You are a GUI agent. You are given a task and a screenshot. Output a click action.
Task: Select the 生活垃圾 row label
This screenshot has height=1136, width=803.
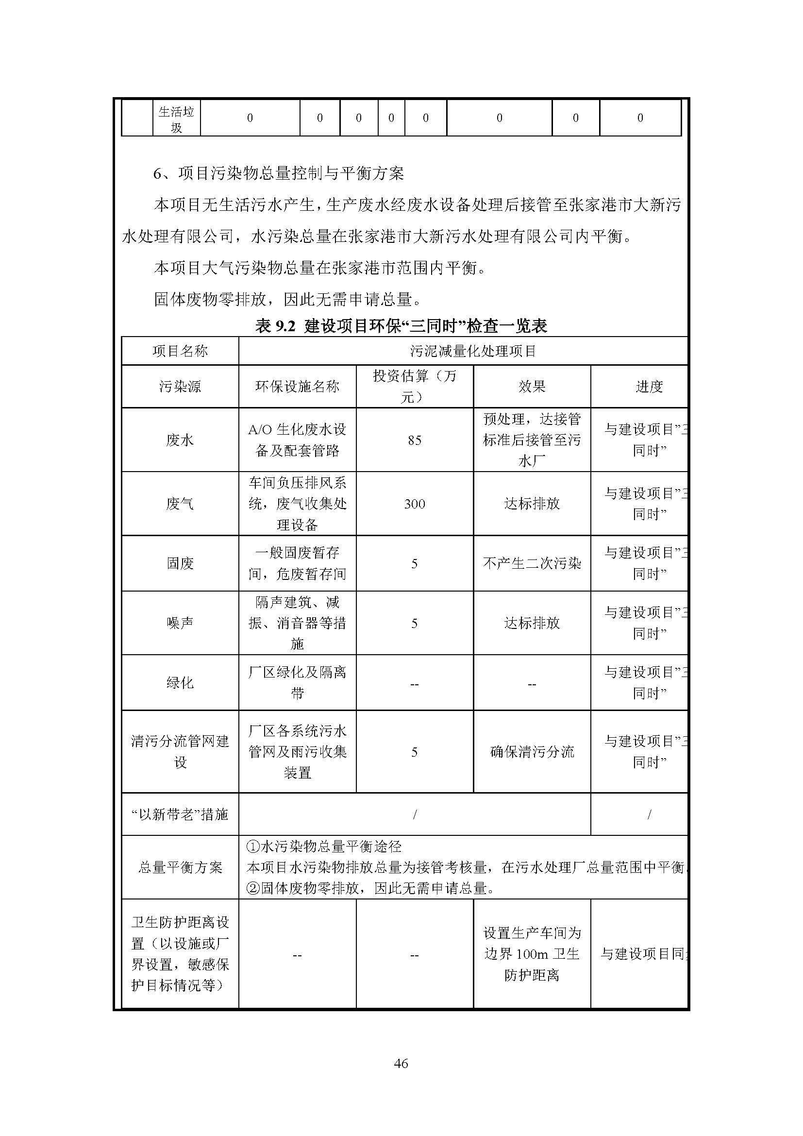pos(176,119)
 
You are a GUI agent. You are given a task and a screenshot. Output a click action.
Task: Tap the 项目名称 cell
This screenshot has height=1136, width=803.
pos(180,351)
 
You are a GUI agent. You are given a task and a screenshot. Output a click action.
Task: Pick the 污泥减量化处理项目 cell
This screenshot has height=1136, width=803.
pos(473,351)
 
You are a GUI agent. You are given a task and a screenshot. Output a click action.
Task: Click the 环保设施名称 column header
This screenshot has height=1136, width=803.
pos(297,387)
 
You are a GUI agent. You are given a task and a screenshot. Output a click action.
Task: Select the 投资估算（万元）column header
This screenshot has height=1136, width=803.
pos(414,387)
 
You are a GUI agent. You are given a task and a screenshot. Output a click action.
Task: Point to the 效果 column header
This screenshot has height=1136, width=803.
pos(532,387)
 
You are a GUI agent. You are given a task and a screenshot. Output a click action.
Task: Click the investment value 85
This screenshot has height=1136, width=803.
pos(414,440)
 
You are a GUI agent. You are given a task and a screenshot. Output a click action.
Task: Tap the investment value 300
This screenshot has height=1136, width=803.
pos(414,504)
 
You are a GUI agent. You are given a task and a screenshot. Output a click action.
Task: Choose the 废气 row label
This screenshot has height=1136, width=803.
pos(180,504)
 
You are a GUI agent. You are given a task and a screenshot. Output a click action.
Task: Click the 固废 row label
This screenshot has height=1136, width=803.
pos(180,563)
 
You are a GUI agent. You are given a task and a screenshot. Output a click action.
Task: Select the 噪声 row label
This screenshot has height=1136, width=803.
pos(180,623)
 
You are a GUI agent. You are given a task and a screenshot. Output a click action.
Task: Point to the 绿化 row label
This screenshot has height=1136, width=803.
pos(180,683)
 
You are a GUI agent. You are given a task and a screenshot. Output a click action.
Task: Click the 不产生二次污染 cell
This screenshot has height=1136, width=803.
pos(532,563)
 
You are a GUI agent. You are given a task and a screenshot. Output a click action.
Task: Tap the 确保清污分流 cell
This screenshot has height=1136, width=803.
pos(532,752)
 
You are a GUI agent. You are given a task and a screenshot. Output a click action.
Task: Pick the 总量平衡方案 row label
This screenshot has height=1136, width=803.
pos(180,867)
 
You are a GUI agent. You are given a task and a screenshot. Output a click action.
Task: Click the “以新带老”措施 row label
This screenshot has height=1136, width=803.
pos(180,814)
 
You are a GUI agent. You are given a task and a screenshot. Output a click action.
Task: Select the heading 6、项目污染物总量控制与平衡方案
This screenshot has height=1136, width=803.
pos(278,173)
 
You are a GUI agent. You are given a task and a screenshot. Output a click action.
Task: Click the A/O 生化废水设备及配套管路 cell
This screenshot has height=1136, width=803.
pos(297,440)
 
